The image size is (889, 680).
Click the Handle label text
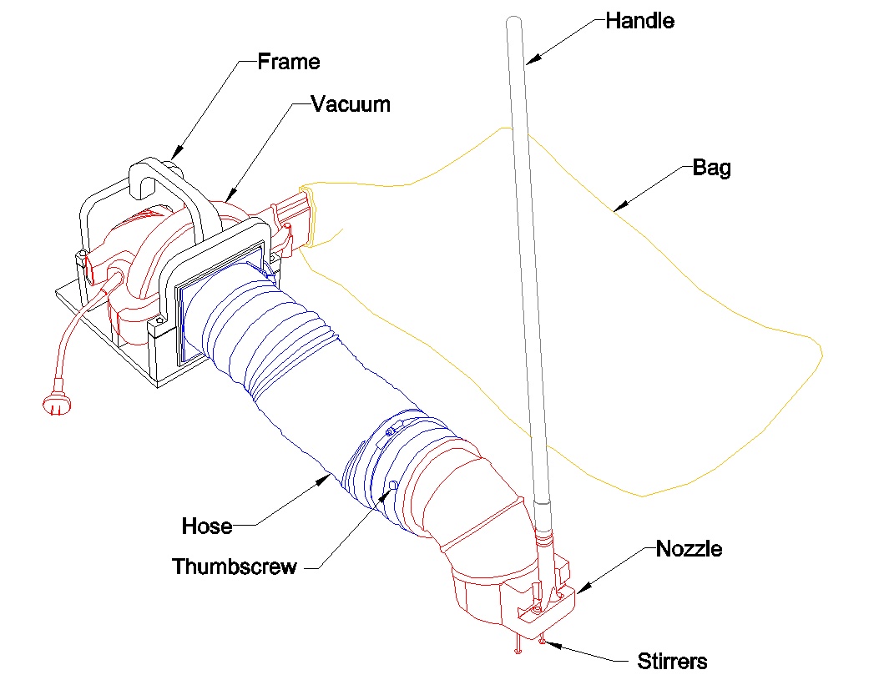pos(639,20)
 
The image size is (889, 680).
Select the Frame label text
pos(288,61)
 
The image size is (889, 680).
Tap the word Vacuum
pos(351,104)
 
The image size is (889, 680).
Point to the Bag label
pos(712,168)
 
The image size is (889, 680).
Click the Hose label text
pos(206,526)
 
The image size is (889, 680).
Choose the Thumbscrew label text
pos(234,567)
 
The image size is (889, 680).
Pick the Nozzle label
pos(689,549)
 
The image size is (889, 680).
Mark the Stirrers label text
pos(672,662)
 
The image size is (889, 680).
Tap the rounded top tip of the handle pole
pos(513,25)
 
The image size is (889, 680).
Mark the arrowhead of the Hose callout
pos(328,478)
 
